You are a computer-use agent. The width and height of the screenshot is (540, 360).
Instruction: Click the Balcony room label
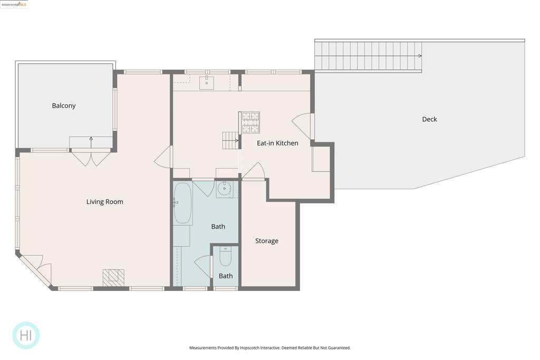(x=64, y=105)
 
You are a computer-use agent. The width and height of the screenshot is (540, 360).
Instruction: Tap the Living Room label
(x=105, y=202)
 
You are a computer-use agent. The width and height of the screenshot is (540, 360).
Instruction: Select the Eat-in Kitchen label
(x=277, y=143)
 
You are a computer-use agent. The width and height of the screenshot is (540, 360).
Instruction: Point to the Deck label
(x=429, y=119)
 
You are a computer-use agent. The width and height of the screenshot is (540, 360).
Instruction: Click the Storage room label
(x=267, y=241)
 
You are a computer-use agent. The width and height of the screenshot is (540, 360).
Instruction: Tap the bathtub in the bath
(x=182, y=203)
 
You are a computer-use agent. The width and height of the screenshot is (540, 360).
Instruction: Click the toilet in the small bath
(x=226, y=257)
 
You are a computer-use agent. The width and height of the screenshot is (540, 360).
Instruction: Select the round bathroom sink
(x=225, y=188)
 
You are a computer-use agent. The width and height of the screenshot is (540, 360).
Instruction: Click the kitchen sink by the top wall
(x=207, y=83)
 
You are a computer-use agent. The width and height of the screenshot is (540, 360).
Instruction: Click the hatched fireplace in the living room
(x=113, y=278)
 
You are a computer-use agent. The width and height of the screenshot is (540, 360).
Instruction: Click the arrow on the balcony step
(x=91, y=142)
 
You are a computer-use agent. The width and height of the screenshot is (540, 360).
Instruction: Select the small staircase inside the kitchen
(x=230, y=140)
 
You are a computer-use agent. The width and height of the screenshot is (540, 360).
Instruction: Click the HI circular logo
(x=26, y=335)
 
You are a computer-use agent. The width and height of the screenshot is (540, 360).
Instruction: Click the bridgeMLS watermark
(x=14, y=4)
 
